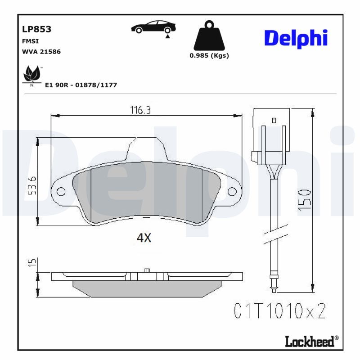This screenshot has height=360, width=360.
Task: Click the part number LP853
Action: click(36, 29)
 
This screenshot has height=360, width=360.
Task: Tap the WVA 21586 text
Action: click(41, 51)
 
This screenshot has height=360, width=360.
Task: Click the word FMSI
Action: click(30, 41)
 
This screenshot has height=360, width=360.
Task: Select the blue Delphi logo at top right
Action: click(295, 39)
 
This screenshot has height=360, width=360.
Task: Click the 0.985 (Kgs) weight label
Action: click(209, 56)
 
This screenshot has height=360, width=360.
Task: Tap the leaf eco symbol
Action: click(32, 74)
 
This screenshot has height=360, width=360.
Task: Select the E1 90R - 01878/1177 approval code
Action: click(81, 85)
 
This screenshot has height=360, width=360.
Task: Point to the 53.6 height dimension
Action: click(32, 185)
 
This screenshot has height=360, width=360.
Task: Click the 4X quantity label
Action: click(144, 238)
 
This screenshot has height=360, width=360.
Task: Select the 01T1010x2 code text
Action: click(279, 311)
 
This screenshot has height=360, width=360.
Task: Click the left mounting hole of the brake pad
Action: click(62, 192)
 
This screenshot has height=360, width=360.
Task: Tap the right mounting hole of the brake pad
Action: click(232, 192)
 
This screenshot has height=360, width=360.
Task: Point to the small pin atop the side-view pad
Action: click(147, 270)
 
